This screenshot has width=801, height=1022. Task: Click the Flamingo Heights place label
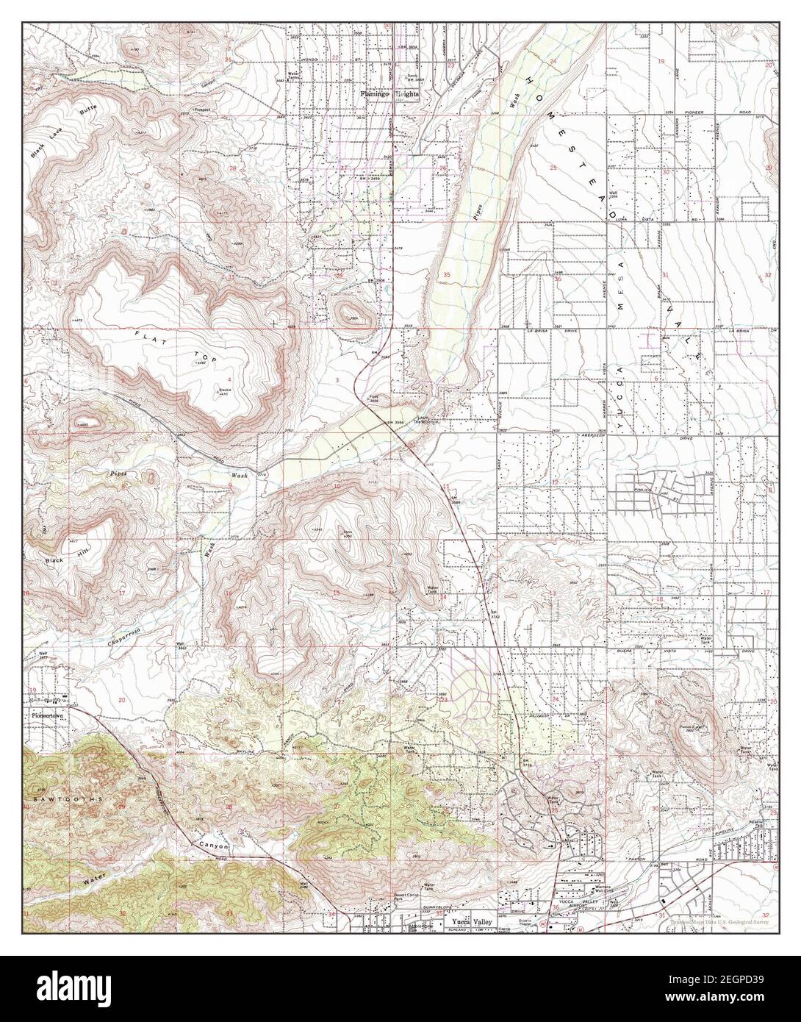[388, 94]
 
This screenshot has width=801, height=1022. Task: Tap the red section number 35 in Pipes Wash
[447, 274]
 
